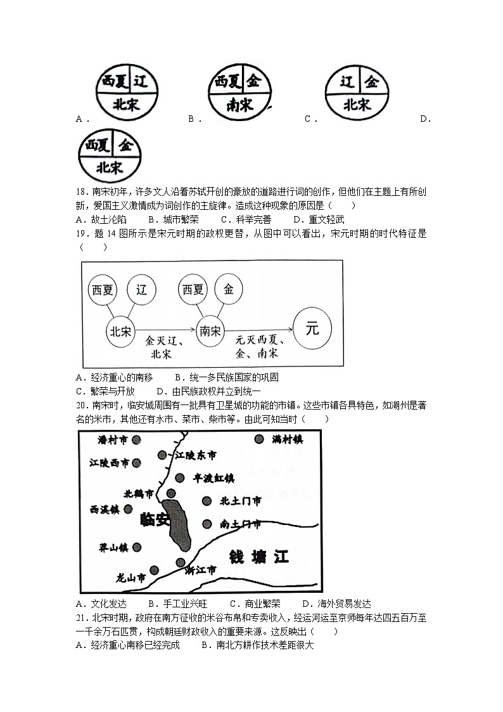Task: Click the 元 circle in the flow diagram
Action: (312, 329)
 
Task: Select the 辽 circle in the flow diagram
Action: (141, 290)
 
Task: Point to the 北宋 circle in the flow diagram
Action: (120, 330)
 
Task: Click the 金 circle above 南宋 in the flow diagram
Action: (229, 290)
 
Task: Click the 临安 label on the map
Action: (153, 520)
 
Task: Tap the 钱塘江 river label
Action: (258, 557)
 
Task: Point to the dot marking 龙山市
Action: (153, 570)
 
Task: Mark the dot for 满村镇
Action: (258, 439)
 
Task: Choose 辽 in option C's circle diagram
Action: (346, 82)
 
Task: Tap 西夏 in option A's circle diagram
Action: (114, 81)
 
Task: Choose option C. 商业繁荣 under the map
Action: (255, 604)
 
